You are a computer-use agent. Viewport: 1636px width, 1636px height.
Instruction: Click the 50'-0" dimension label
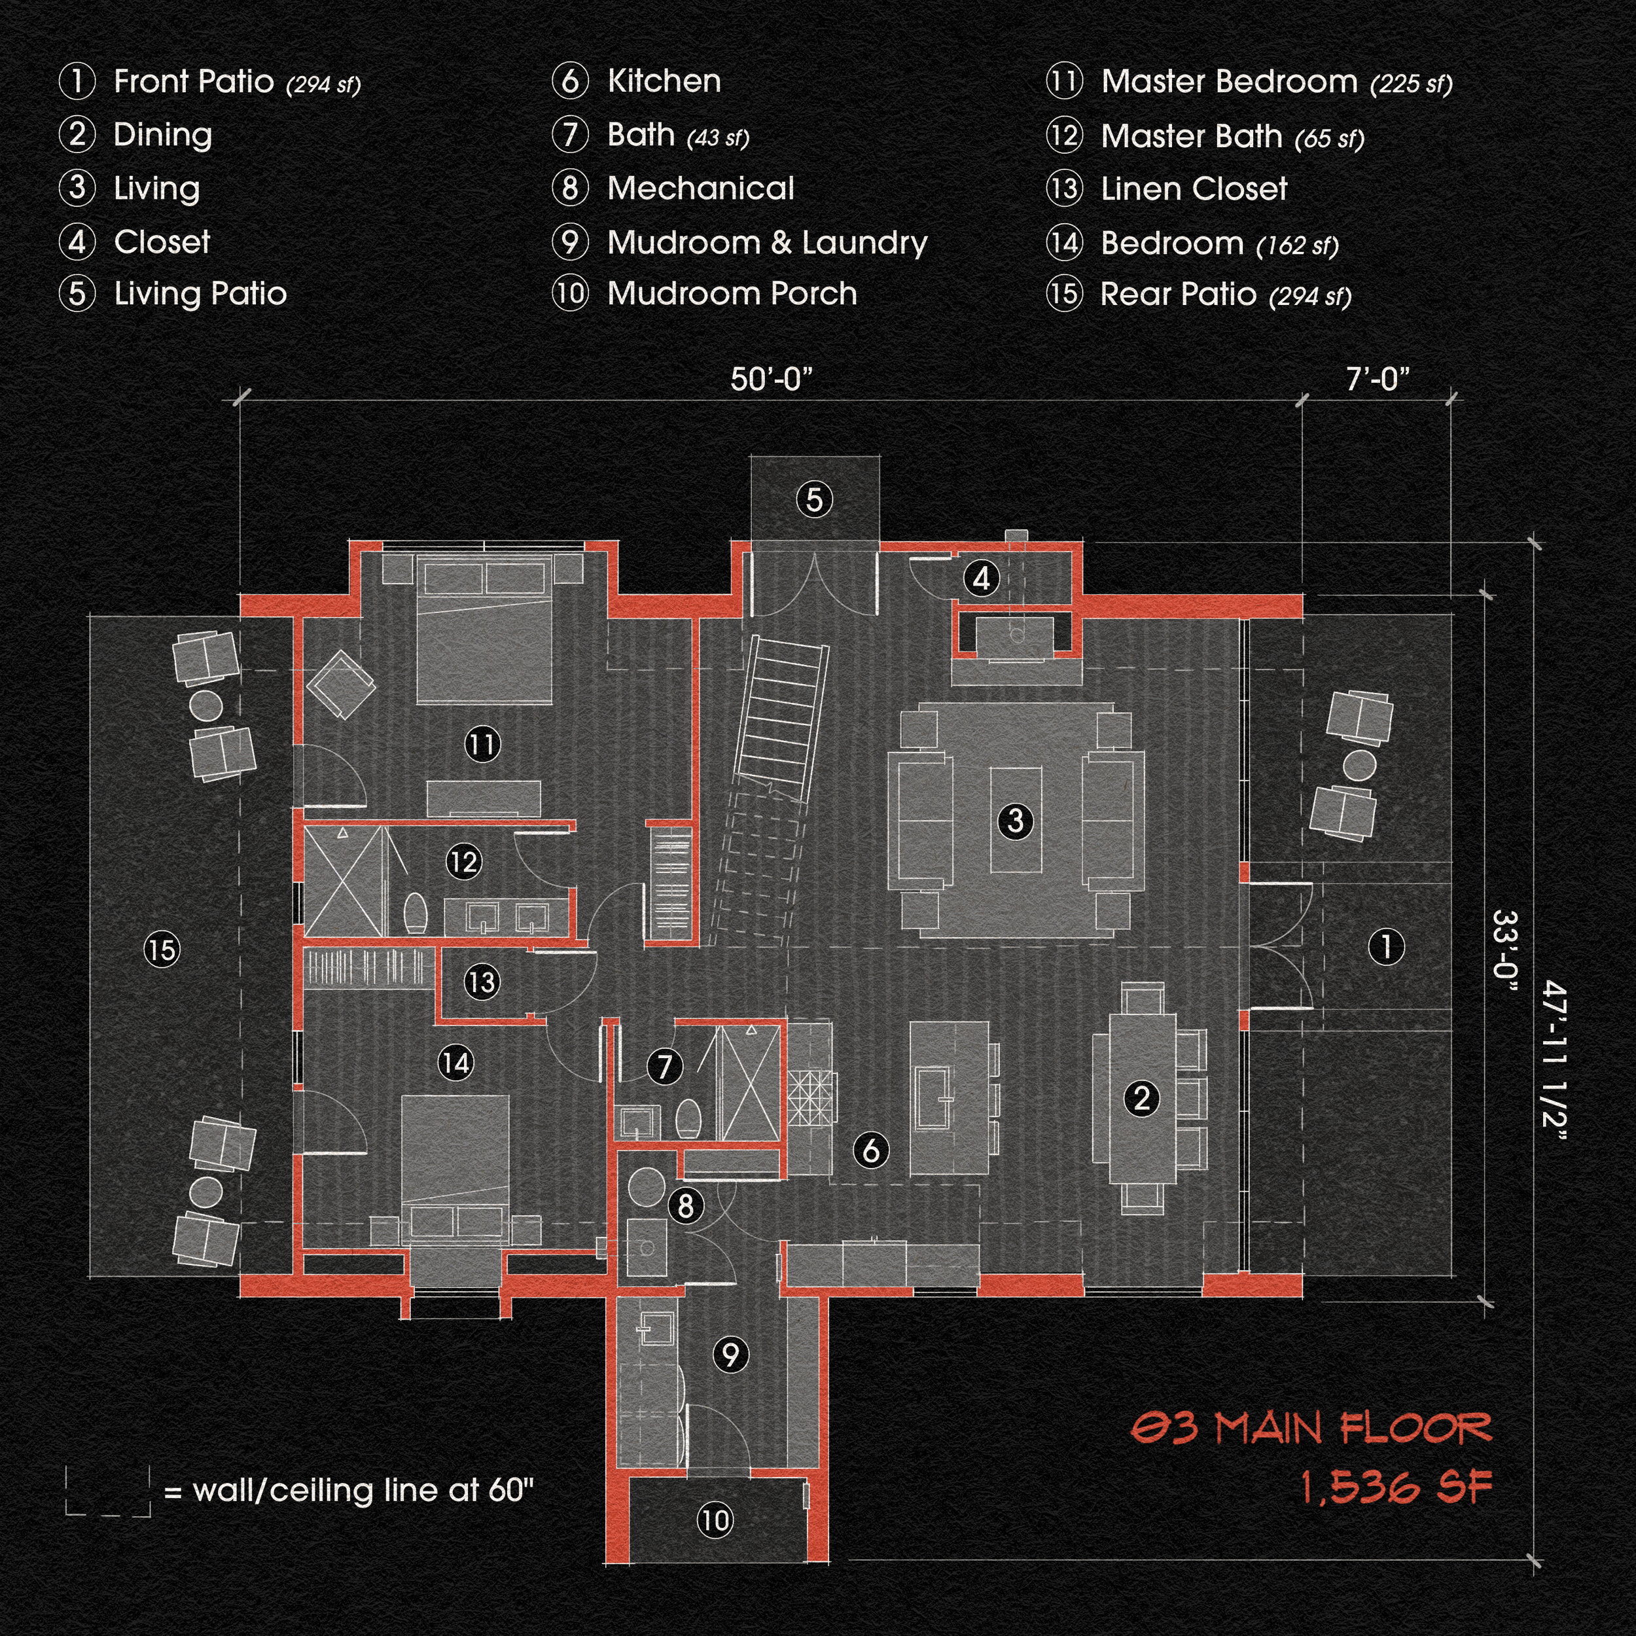[x=772, y=380]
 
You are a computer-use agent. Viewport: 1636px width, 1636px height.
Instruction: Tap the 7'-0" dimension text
[x=1378, y=380]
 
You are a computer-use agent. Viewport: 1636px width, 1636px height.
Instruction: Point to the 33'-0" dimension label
[x=1504, y=953]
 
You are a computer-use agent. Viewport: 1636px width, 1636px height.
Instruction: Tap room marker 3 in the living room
[x=1016, y=820]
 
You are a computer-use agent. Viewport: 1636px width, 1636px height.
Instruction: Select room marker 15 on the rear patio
[x=161, y=950]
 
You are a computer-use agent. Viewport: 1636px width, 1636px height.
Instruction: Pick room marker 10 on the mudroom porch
[x=715, y=1544]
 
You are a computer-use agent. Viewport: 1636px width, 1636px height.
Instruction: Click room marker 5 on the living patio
[x=815, y=499]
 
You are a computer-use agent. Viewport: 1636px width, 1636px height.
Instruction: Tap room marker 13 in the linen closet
[x=482, y=982]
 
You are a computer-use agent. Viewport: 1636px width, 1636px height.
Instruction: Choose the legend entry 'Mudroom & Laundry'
[x=767, y=243]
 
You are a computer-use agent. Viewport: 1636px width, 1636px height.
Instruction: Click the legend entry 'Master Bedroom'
[x=1229, y=82]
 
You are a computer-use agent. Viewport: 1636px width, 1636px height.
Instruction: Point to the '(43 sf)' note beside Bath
[x=718, y=138]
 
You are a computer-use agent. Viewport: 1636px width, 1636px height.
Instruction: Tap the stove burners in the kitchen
[x=811, y=1097]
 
